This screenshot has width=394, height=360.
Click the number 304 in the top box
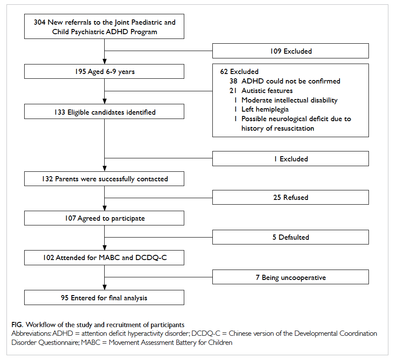click(x=40, y=22)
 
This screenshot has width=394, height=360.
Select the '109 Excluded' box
click(x=291, y=51)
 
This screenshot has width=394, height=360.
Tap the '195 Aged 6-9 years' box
click(x=104, y=71)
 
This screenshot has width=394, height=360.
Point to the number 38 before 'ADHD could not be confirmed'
click(x=233, y=81)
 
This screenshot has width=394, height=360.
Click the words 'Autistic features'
click(x=267, y=90)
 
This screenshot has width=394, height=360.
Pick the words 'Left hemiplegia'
click(x=265, y=109)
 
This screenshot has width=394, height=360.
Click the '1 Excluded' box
click(x=291, y=159)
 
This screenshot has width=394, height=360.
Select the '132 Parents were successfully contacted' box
click(x=104, y=179)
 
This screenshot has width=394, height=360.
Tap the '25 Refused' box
click(x=291, y=197)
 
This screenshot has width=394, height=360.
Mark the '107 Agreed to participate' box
click(x=104, y=218)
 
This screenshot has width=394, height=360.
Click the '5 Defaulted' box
click(x=291, y=237)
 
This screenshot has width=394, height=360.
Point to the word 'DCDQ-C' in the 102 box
click(x=151, y=258)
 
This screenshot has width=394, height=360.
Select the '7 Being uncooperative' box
click(x=291, y=277)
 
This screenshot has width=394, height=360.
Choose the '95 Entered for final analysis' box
click(x=104, y=298)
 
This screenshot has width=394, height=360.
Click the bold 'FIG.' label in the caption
click(x=17, y=325)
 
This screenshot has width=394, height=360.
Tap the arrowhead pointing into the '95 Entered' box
click(x=105, y=288)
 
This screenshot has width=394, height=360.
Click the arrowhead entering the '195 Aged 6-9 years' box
click(x=105, y=61)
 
